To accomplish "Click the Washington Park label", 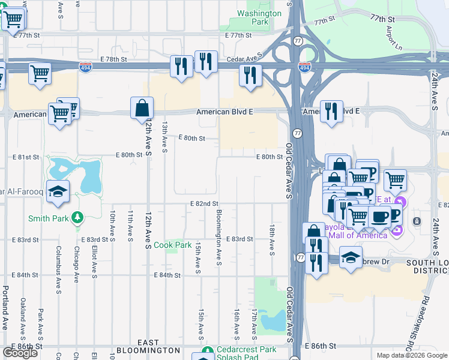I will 259,17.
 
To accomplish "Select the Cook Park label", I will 173,245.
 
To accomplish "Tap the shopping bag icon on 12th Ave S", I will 142,109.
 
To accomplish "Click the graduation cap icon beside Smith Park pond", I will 58,192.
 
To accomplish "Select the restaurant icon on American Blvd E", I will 331,112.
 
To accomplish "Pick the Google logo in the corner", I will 20,353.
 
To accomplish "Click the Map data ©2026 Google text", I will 411,355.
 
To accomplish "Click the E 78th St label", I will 116,59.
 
